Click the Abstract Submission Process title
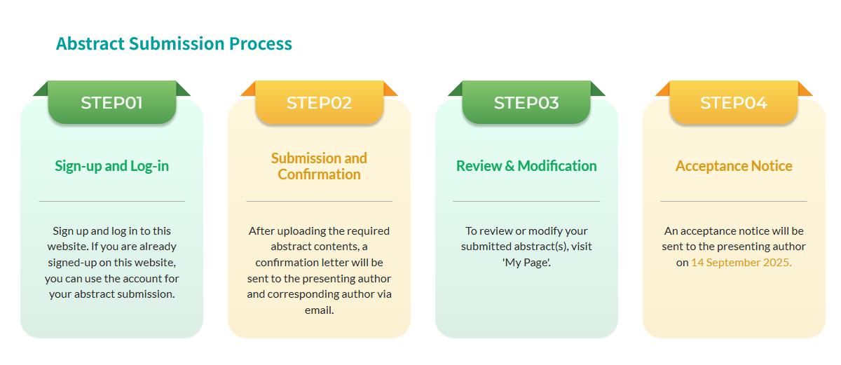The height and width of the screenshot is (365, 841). pos(174,43)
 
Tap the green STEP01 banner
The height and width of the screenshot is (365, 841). pos(112,102)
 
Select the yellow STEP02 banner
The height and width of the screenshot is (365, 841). pos(319,102)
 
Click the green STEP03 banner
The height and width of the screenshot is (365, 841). pos(526,102)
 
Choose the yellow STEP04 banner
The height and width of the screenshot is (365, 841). pos(734,102)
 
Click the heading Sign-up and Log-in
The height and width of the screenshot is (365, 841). pos(112,166)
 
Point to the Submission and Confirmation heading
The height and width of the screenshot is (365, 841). pos(319,166)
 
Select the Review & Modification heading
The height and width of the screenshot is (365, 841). pos(526,166)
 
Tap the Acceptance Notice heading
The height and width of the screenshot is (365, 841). pos(734,166)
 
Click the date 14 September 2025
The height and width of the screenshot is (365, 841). pos(741,262)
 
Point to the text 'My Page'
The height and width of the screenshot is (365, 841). pos(526,263)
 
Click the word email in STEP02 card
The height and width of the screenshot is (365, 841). pos(319,310)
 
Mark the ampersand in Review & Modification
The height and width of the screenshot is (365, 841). pos(510,166)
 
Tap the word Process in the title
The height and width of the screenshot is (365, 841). pos(261,43)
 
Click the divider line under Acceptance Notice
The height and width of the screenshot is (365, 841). pos(734,202)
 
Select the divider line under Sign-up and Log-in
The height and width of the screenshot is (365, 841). pos(112,202)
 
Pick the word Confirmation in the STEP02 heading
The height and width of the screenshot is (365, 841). pos(319,174)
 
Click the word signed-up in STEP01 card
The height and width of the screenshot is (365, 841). pos(72,263)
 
